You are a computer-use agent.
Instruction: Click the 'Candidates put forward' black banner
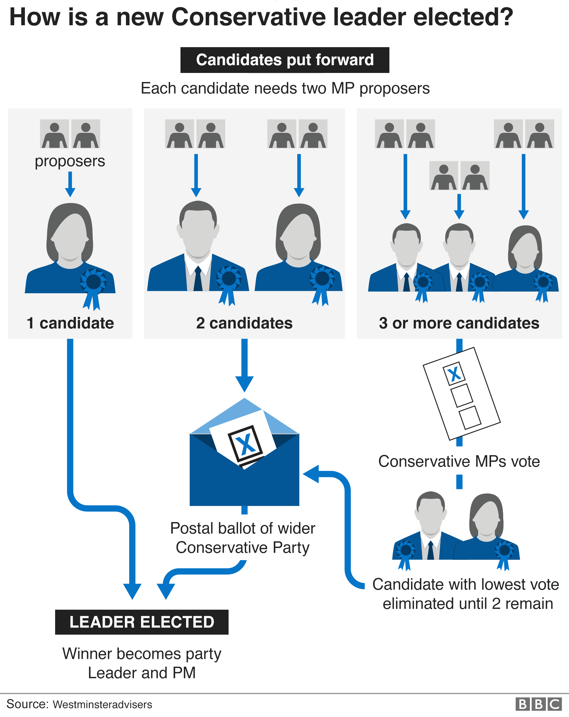click(x=284, y=60)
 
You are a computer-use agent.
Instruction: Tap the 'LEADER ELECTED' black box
click(x=142, y=622)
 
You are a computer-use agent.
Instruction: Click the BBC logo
click(x=538, y=704)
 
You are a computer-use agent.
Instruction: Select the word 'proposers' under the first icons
click(x=70, y=161)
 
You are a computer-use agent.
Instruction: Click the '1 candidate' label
click(x=70, y=323)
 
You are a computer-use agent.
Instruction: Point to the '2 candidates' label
click(x=244, y=323)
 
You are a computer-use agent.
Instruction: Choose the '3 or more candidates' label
click(x=459, y=323)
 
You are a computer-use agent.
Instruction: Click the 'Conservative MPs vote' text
click(x=459, y=462)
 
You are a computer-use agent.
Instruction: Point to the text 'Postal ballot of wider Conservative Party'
click(x=243, y=538)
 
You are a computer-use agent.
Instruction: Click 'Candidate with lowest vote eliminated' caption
click(x=466, y=594)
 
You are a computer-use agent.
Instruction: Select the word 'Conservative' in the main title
click(x=249, y=17)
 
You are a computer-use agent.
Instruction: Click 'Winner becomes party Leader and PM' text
click(x=142, y=663)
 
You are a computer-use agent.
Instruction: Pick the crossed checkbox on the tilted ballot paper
click(x=454, y=373)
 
